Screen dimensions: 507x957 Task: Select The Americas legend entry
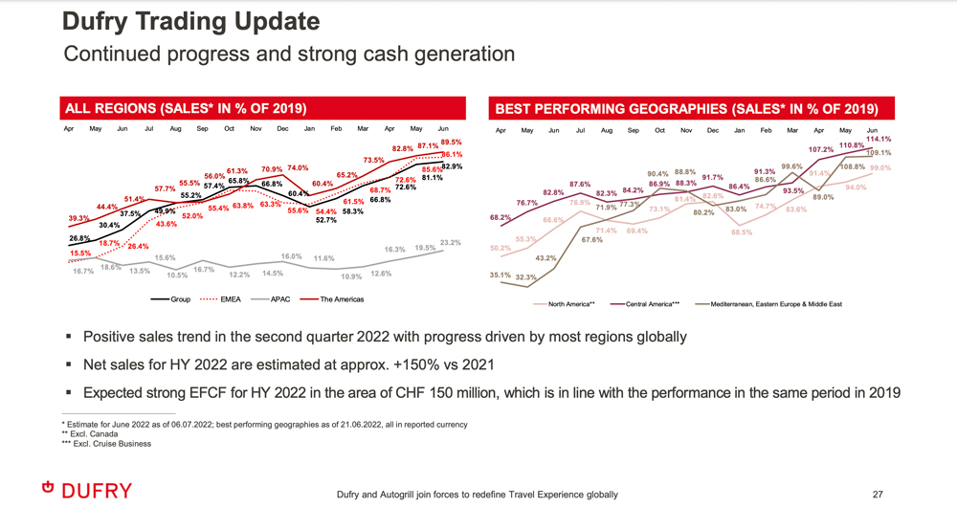[x=343, y=299]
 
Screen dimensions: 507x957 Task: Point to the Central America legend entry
[x=651, y=305]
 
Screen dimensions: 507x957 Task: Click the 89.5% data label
[x=451, y=143]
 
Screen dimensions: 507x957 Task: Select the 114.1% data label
[x=879, y=139]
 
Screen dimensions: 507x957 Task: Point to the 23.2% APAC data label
[x=451, y=243]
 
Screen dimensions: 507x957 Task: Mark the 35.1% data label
[x=500, y=276]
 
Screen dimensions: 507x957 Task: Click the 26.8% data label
[x=79, y=238]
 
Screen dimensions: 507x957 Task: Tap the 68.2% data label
[x=500, y=218]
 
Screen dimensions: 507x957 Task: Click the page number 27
[x=877, y=494]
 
